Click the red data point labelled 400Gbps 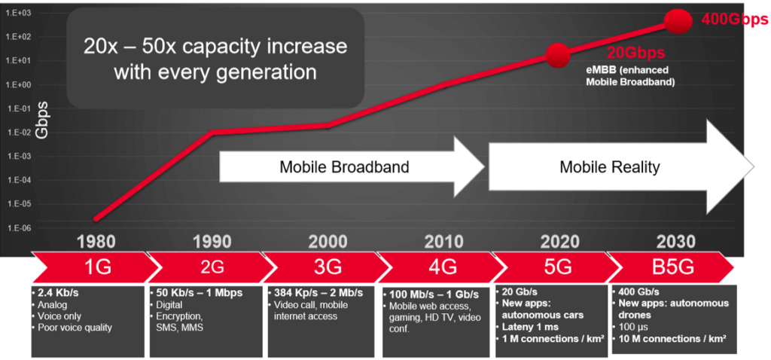point(678,21)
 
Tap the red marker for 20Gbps point(557,54)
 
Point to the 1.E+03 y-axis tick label point(19,13)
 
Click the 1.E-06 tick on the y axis point(19,228)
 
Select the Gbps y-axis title point(43,120)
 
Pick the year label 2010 point(444,242)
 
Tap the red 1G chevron point(96,267)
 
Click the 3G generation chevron point(328,267)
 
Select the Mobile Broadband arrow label point(344,167)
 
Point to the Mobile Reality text point(609,167)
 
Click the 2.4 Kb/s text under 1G point(57,294)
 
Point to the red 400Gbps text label point(733,20)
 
